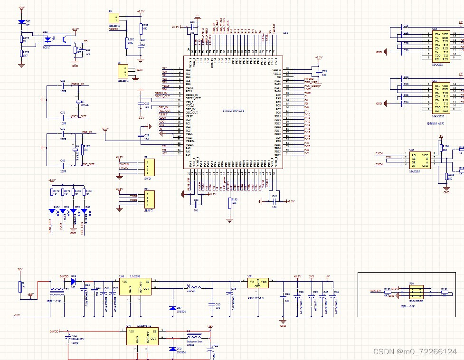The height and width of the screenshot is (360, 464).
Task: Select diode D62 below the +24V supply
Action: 21,22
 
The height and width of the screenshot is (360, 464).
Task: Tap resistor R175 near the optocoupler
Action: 21,39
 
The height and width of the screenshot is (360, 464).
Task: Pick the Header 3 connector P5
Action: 124,72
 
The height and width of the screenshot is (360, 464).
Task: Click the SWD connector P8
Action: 147,167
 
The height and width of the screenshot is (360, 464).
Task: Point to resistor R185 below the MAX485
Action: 446,176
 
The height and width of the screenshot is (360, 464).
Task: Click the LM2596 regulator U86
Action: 135,287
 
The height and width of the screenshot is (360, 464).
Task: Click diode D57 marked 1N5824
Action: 171,308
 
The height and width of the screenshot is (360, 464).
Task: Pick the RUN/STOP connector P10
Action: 417,291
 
